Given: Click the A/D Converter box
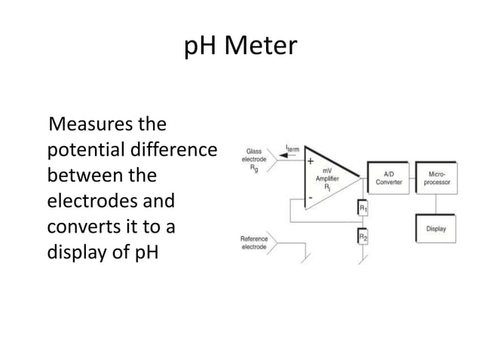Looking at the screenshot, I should (x=390, y=178).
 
